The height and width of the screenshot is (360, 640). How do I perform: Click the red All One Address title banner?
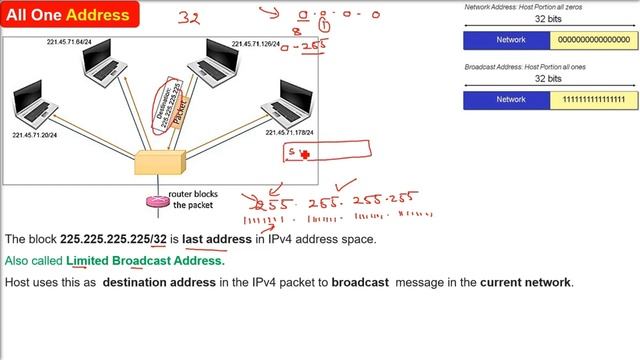point(68,15)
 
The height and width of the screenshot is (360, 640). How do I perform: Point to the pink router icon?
point(157,201)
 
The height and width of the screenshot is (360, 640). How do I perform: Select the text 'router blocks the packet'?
point(194,199)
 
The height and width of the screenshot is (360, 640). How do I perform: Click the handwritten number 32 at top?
point(190,17)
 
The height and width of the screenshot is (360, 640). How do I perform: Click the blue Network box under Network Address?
point(506,41)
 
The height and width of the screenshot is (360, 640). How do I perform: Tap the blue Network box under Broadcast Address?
point(506,100)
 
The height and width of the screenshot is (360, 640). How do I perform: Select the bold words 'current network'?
point(525,283)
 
